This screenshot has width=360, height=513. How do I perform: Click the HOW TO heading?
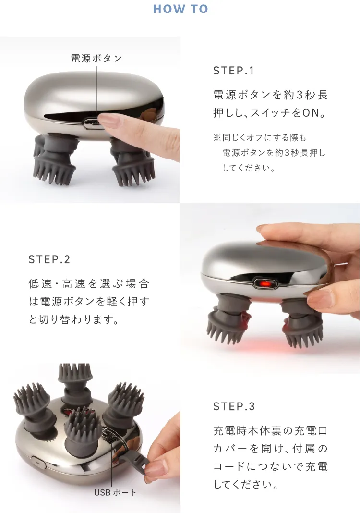click(x=180, y=9)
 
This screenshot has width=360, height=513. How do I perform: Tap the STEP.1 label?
click(x=233, y=71)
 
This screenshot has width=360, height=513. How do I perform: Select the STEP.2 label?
click(x=49, y=259)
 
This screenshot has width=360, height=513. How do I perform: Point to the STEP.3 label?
click(x=234, y=406)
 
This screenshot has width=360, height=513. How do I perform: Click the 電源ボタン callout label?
click(x=97, y=58)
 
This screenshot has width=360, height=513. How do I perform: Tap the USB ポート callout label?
click(x=115, y=492)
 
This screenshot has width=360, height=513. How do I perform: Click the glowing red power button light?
click(x=265, y=282)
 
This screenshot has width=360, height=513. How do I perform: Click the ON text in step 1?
click(x=310, y=113)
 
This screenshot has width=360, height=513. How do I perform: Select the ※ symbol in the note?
click(x=217, y=137)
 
